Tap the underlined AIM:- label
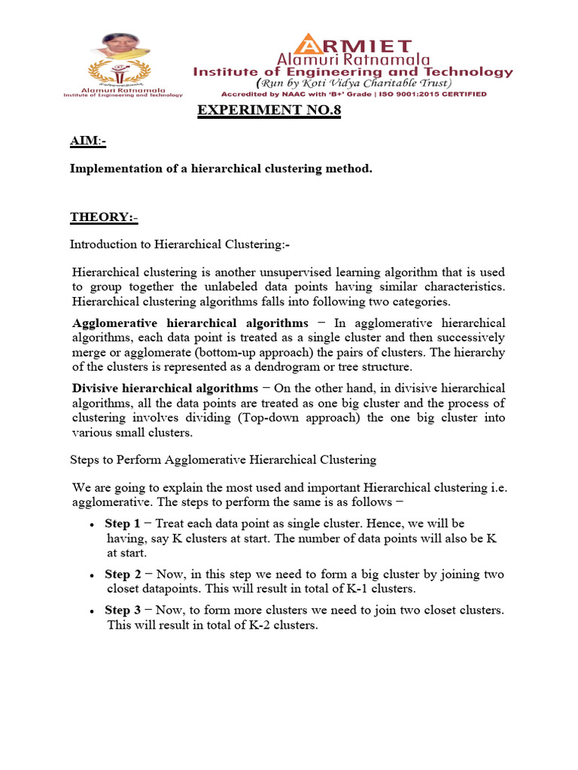[88, 142]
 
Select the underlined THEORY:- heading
[104, 217]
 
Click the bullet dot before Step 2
[91, 576]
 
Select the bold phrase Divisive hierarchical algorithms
[165, 388]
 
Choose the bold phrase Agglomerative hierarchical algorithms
[190, 323]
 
